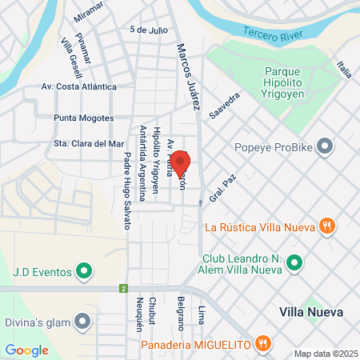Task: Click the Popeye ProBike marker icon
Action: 324,146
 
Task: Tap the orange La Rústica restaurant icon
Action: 326,226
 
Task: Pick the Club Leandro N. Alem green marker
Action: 294,262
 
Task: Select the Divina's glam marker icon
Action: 82,322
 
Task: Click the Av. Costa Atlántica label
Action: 79,86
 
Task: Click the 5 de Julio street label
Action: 149,30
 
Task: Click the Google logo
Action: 26,350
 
